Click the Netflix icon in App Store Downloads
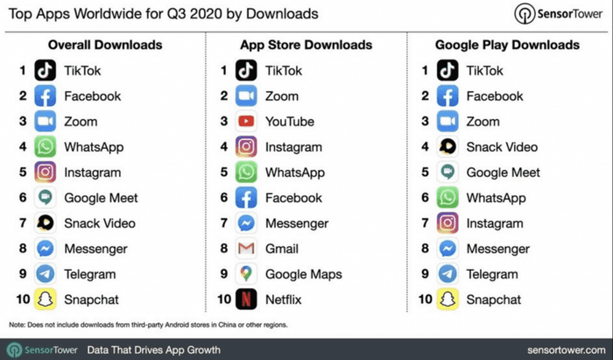pos(247,300)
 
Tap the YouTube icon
pos(247,122)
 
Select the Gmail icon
pos(247,249)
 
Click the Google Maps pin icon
pos(247,274)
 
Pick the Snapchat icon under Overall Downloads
pos(46,300)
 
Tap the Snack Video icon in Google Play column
pos(447,147)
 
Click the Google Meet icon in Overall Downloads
pos(46,198)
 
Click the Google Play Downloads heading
pos(506,45)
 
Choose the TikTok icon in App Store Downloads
pos(247,71)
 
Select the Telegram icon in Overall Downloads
pos(46,274)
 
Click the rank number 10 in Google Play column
pos(425,300)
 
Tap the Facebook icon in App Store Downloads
pos(247,198)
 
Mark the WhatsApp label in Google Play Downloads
pos(496,198)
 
